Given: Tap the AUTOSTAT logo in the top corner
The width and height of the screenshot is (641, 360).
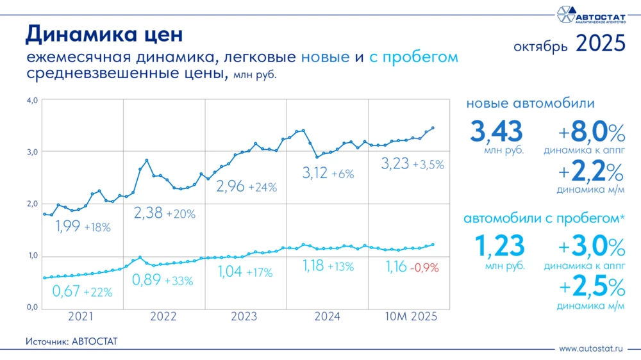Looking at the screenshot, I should click(590, 14).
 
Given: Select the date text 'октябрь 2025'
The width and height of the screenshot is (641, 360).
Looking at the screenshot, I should click(569, 44).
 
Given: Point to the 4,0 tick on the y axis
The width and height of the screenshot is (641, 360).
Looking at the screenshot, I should click(32, 100).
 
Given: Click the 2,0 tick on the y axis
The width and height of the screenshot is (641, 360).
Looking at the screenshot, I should click(32, 204).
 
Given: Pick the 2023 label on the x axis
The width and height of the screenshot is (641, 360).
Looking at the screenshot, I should click(245, 316).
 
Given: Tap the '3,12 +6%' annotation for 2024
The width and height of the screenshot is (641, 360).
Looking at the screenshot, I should click(328, 173).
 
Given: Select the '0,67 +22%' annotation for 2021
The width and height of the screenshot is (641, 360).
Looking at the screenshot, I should click(82, 291).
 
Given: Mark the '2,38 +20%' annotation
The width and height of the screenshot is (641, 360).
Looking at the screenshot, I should click(164, 213).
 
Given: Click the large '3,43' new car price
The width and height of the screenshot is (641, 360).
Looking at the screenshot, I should click(497, 131).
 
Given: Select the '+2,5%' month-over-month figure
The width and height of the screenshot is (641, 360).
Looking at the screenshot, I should click(591, 287).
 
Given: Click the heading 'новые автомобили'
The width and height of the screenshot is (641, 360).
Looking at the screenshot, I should click(530, 104).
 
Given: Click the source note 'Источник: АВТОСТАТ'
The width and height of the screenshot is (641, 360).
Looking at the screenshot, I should click(72, 341).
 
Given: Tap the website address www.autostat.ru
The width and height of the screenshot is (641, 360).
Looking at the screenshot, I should click(591, 349).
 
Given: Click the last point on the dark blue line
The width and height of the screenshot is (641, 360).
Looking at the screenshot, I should click(433, 128).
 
